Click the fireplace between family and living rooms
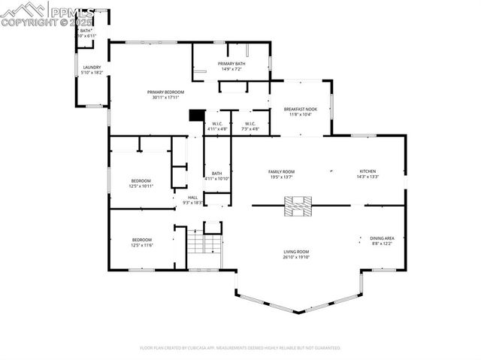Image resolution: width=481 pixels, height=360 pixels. point(297,205)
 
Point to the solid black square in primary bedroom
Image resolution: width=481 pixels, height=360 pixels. point(196,115)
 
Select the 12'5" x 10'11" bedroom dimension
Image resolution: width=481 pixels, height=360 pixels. point(141,186)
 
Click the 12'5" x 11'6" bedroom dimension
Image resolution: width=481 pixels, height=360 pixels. point(141,246)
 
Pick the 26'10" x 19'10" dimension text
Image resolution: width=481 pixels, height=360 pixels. point(296,257)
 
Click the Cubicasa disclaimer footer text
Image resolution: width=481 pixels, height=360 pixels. point(240,348)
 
